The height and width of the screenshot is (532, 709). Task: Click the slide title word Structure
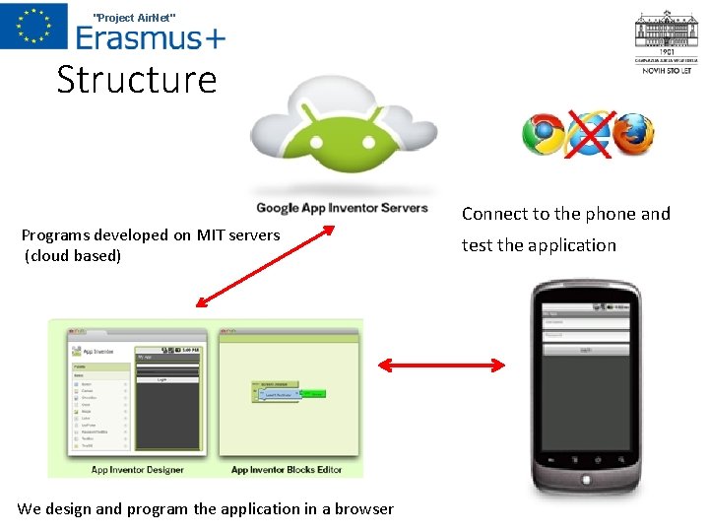(136, 80)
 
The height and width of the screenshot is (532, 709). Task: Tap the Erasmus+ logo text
(150, 37)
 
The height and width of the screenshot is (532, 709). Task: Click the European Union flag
(33, 26)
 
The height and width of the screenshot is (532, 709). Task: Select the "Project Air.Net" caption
(134, 16)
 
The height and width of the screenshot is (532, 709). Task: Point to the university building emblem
(667, 34)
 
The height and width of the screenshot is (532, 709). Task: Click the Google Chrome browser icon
(543, 135)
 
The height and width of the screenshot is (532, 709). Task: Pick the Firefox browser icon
(632, 134)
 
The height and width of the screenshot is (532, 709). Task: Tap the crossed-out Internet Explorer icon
(589, 134)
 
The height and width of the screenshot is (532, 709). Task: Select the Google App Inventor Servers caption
(342, 208)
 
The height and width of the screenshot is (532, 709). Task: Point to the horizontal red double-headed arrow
(442, 366)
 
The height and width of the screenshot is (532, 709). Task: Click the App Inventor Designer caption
(137, 470)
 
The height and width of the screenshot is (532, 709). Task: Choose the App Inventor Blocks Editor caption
(287, 470)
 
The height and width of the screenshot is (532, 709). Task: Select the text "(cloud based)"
(73, 256)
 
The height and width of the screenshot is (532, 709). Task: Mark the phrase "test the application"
(539, 245)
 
